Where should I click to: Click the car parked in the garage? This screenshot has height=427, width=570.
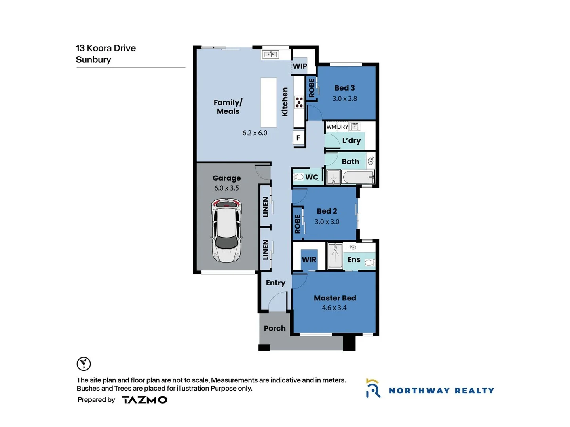(226, 231)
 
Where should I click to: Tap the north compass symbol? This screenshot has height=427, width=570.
(84, 364)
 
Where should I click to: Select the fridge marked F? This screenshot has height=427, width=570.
(298, 138)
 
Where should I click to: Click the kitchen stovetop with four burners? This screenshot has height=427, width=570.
(299, 102)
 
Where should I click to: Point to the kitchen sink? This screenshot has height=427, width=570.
(271, 54)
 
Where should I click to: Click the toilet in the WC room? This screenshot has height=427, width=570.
(298, 177)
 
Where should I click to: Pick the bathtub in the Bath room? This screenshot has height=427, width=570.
(358, 177)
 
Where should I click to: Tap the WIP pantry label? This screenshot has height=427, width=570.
(300, 66)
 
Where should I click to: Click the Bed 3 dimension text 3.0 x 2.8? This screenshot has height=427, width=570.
(344, 99)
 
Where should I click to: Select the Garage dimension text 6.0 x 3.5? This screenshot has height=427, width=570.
(226, 188)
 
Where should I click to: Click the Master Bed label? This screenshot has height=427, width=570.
(335, 298)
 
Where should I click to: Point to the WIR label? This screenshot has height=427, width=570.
(309, 260)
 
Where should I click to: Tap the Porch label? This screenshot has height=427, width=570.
(275, 328)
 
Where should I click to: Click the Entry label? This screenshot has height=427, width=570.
(275, 283)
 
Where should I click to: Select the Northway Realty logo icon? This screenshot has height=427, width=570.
(373, 388)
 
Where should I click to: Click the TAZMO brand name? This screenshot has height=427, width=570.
(144, 400)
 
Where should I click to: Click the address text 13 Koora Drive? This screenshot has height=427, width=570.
(106, 48)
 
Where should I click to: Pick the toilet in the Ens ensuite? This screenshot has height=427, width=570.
(369, 263)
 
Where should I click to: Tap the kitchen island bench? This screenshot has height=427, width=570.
(268, 102)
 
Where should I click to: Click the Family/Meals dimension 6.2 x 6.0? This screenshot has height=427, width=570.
(255, 133)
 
